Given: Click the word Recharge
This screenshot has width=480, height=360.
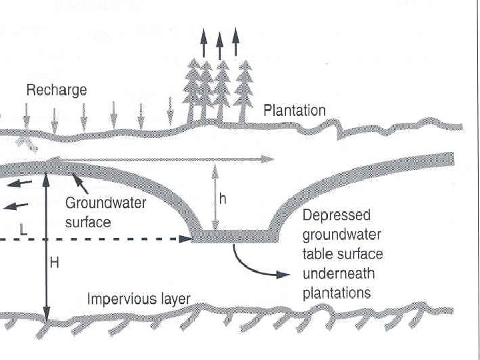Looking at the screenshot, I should (x=56, y=90).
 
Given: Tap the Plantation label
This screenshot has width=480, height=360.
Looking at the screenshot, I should (x=294, y=110).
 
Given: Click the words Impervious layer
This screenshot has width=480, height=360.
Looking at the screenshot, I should (x=138, y=299).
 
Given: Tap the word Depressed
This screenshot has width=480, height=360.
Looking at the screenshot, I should (x=336, y=217).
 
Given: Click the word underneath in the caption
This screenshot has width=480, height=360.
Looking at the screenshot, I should (x=338, y=273).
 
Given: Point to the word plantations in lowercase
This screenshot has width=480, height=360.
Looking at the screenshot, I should (x=337, y=293).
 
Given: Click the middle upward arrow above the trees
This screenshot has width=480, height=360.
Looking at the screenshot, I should (x=220, y=45).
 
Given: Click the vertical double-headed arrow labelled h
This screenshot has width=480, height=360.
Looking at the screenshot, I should (x=215, y=197).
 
